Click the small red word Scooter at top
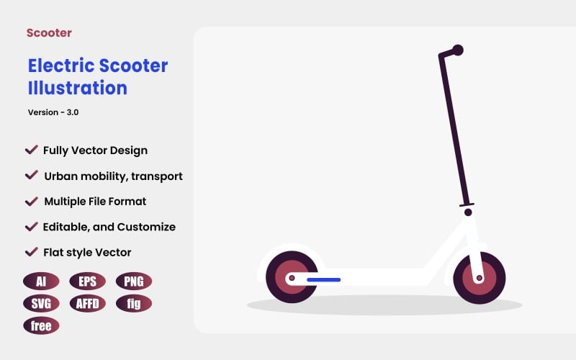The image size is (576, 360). [x=49, y=32]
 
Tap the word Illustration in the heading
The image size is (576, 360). [x=77, y=88]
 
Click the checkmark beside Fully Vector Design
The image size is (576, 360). [x=31, y=150]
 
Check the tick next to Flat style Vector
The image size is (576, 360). [x=31, y=251]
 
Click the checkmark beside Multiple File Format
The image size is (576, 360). [x=31, y=200]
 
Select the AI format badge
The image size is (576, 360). [x=41, y=282]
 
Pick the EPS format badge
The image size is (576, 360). [x=87, y=282]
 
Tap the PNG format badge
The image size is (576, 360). [x=134, y=282]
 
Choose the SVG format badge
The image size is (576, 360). [x=41, y=303]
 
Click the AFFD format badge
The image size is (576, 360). [x=87, y=303]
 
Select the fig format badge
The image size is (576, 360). [x=134, y=303]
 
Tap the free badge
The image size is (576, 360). [x=41, y=325]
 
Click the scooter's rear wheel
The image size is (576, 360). [x=292, y=277]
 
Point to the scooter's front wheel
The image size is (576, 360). [x=479, y=277]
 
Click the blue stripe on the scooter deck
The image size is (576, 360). [x=323, y=278]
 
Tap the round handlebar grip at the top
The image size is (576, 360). [x=457, y=50]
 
